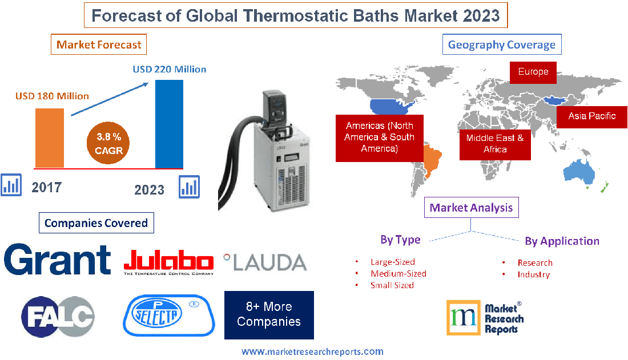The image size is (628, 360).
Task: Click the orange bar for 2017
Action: pos(50,137)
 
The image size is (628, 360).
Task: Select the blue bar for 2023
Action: pos(169,124)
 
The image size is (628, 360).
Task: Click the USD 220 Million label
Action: pos(170,70)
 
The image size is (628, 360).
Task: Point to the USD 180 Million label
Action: pos(51,96)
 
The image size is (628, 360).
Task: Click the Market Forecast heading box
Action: pos(99,44)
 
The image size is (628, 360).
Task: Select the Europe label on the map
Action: pos(533,72)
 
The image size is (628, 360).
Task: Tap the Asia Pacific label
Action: pos(591,116)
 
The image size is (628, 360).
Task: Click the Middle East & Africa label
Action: pos(494,143)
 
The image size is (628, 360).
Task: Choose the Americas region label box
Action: pos(379,137)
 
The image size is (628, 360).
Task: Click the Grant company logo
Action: pos(57,260)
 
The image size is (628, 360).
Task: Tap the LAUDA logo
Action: pos(265,262)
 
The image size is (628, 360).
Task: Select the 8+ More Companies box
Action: pos(268,314)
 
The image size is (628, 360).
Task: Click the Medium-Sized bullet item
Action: pos(398,273)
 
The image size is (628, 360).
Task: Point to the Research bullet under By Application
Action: pos(534,263)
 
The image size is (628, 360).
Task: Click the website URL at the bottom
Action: pos(312,351)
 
